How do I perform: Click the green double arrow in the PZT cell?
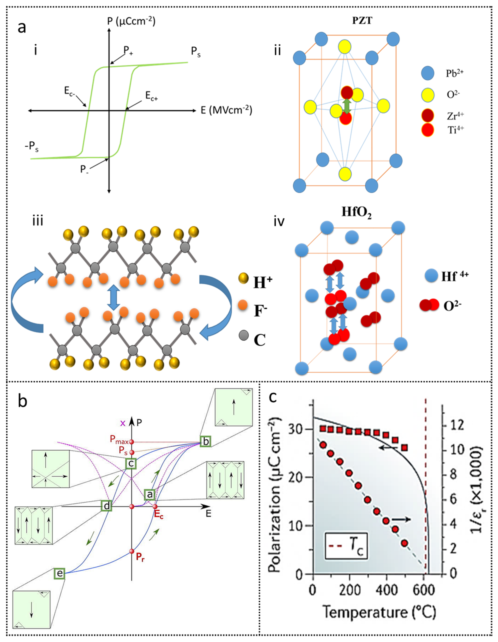[x=347, y=106]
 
